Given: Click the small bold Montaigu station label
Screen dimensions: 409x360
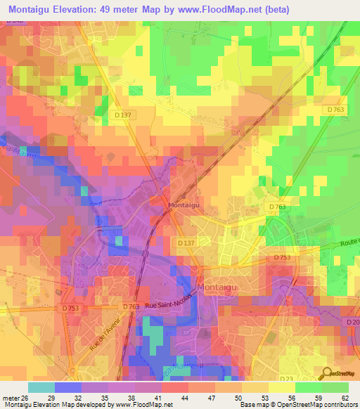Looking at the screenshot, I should pyautogui.click(x=183, y=205).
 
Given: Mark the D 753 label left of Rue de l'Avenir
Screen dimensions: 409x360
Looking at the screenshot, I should pyautogui.click(x=70, y=308).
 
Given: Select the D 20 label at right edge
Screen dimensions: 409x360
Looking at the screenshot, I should pyautogui.click(x=352, y=322).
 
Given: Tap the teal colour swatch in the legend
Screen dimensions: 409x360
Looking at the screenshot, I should pyautogui.click(x=41, y=387).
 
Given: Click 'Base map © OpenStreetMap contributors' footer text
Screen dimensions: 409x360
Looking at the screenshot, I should pyautogui.click(x=299, y=405).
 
